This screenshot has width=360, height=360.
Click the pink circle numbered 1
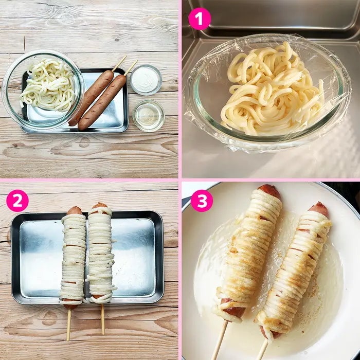tap(200, 19)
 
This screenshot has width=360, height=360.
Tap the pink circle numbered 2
tap(17, 201)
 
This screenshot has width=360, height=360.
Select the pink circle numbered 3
tap(202, 201)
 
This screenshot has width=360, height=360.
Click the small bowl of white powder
tap(146, 80)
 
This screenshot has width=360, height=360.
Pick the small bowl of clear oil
tap(149, 116)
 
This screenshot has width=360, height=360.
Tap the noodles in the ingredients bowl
tap(49, 84)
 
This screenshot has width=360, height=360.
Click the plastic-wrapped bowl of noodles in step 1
tap(268, 92)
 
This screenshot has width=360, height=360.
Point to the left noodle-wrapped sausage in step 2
tap(73, 258)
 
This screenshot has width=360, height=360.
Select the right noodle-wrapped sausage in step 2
tap(101, 253)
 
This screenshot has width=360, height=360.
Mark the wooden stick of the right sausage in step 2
tap(103, 319)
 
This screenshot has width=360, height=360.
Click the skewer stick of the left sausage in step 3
tap(219, 340)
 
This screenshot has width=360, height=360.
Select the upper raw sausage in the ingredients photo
tap(91, 98)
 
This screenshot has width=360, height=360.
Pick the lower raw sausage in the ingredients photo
tap(102, 102)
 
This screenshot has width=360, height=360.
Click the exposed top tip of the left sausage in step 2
tap(75, 210)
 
